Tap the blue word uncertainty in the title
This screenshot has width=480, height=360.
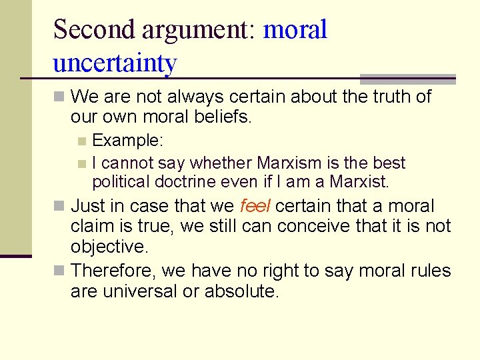pyautogui.click(x=115, y=63)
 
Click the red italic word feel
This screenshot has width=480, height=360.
pyautogui.click(x=255, y=206)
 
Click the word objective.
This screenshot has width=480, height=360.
pyautogui.click(x=109, y=247)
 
